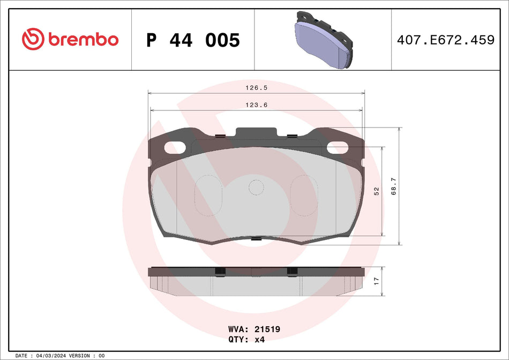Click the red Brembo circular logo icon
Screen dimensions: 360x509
pyautogui.click(x=33, y=39)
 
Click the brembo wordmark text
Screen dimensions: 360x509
pyautogui.click(x=83, y=40)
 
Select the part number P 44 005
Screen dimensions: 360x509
pyautogui.click(x=193, y=40)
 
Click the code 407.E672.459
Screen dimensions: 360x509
pyautogui.click(x=445, y=40)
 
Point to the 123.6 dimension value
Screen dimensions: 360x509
pyautogui.click(x=256, y=105)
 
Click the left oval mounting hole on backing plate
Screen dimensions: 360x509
pyautogui.click(x=175, y=147)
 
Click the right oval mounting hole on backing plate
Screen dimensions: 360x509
pyautogui.click(x=338, y=147)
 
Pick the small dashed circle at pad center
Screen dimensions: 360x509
pyautogui.click(x=256, y=187)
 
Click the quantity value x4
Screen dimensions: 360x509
pyautogui.click(x=259, y=339)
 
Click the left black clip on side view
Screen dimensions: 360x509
pyautogui.click(x=219, y=271)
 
